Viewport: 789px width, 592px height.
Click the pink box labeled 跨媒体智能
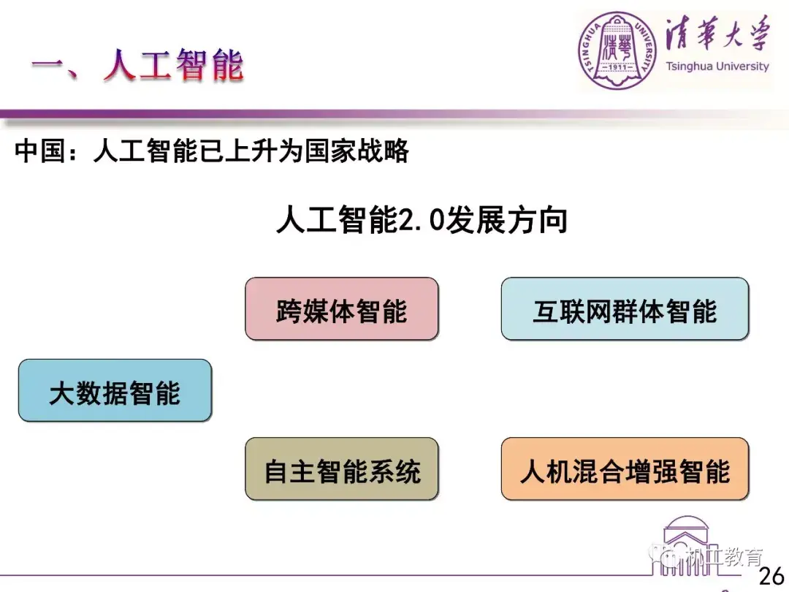[342, 308]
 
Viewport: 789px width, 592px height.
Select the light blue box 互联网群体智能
[625, 308]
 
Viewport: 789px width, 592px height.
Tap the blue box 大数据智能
[115, 390]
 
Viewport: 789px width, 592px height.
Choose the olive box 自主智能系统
[342, 468]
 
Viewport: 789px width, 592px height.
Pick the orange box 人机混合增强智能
[625, 468]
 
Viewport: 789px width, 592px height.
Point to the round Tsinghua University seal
[617, 50]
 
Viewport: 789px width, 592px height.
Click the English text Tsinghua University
[717, 66]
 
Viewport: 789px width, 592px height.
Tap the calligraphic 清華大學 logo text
[717, 34]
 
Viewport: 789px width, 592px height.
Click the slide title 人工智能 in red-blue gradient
[174, 65]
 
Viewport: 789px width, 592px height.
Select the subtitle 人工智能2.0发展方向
[422, 219]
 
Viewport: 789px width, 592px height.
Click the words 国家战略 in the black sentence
[357, 151]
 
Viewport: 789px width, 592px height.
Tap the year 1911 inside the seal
[617, 67]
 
